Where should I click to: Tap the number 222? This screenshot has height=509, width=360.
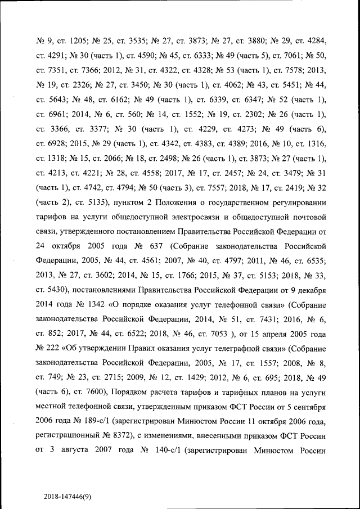tap(60, 348)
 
